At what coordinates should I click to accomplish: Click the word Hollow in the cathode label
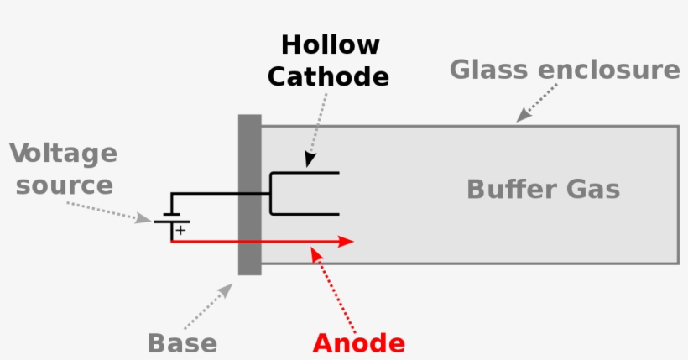330,44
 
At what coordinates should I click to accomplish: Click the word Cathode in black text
328,77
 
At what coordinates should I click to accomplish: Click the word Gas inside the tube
591,190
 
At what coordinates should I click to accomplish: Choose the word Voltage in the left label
64,154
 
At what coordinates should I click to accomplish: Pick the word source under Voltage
64,185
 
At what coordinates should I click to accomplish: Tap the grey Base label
182,343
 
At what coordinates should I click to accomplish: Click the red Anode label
358,343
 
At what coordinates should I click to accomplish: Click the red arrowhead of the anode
345,242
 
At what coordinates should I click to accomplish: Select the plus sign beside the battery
180,229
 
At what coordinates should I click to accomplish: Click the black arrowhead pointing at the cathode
309,159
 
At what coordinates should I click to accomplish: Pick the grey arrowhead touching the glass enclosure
523,116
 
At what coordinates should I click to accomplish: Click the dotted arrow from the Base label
208,305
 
